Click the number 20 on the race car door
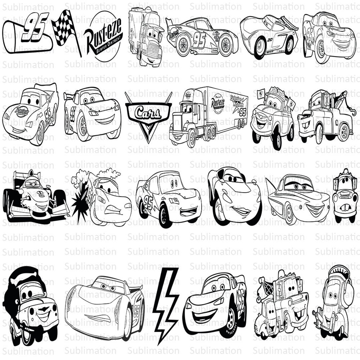click(x=269, y=40)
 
